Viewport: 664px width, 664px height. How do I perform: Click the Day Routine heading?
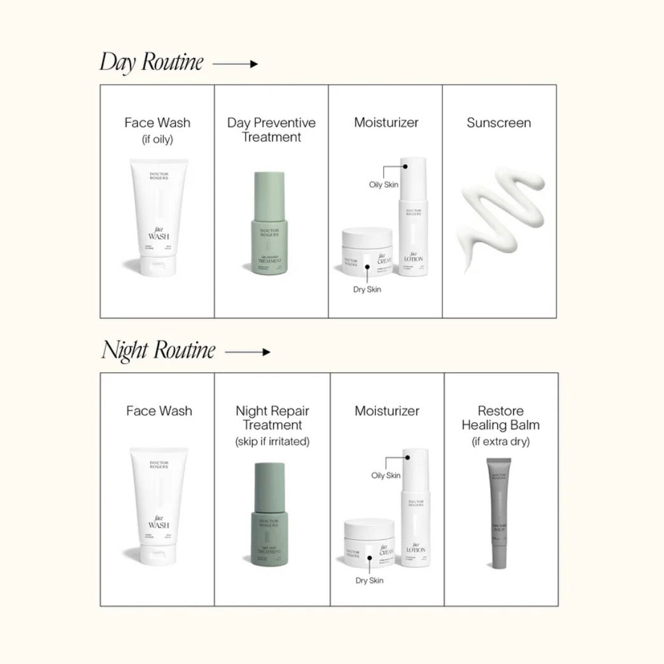coord(152,62)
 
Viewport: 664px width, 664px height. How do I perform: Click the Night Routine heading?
coord(159,350)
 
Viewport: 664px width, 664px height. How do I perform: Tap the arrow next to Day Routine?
coord(235,64)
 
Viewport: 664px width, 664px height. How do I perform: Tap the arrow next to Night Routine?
coord(248,351)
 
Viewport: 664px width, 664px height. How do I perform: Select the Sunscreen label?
coord(498,123)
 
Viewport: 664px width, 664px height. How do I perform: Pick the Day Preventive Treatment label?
coord(271,130)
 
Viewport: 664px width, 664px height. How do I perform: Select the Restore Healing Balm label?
coord(500,418)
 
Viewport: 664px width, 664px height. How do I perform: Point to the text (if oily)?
coord(157,139)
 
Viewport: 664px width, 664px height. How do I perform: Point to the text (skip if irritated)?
coord(272,441)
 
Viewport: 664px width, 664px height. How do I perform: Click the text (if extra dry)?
coord(500,441)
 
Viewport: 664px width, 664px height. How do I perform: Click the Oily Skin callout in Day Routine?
coord(384,185)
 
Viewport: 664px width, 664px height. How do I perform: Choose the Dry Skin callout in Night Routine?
coord(369,580)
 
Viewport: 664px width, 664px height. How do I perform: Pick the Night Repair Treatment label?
coord(272,418)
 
